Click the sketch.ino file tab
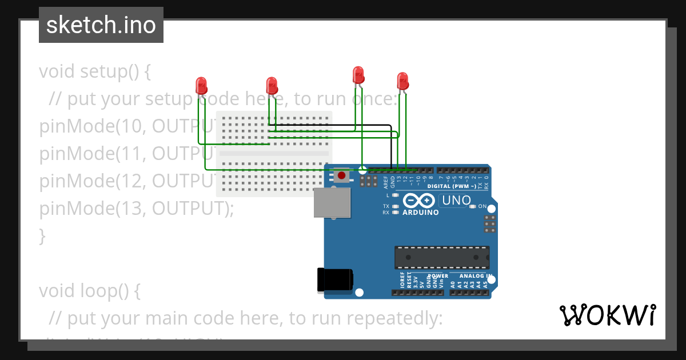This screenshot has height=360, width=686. pos(101,25)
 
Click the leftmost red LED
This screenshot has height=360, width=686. pos(201,86)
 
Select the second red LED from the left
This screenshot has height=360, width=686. pos(272,86)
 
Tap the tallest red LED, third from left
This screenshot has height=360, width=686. pos(358,75)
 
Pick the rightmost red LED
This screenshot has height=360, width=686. pos(402,81)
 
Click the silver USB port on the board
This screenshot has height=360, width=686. pos(332,203)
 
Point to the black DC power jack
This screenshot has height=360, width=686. pos(334,280)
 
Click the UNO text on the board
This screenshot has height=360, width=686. pos(456,201)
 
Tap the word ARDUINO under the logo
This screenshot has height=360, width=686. pos(421,213)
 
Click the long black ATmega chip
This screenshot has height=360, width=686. pos(442,257)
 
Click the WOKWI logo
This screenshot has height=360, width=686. pos(608,315)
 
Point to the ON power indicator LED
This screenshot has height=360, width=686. pos(472,206)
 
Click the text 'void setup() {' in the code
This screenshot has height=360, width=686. pos(95,72)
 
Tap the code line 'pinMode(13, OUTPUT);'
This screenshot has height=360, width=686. pos(137,209)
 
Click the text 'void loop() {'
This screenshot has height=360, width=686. pos(89,291)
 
